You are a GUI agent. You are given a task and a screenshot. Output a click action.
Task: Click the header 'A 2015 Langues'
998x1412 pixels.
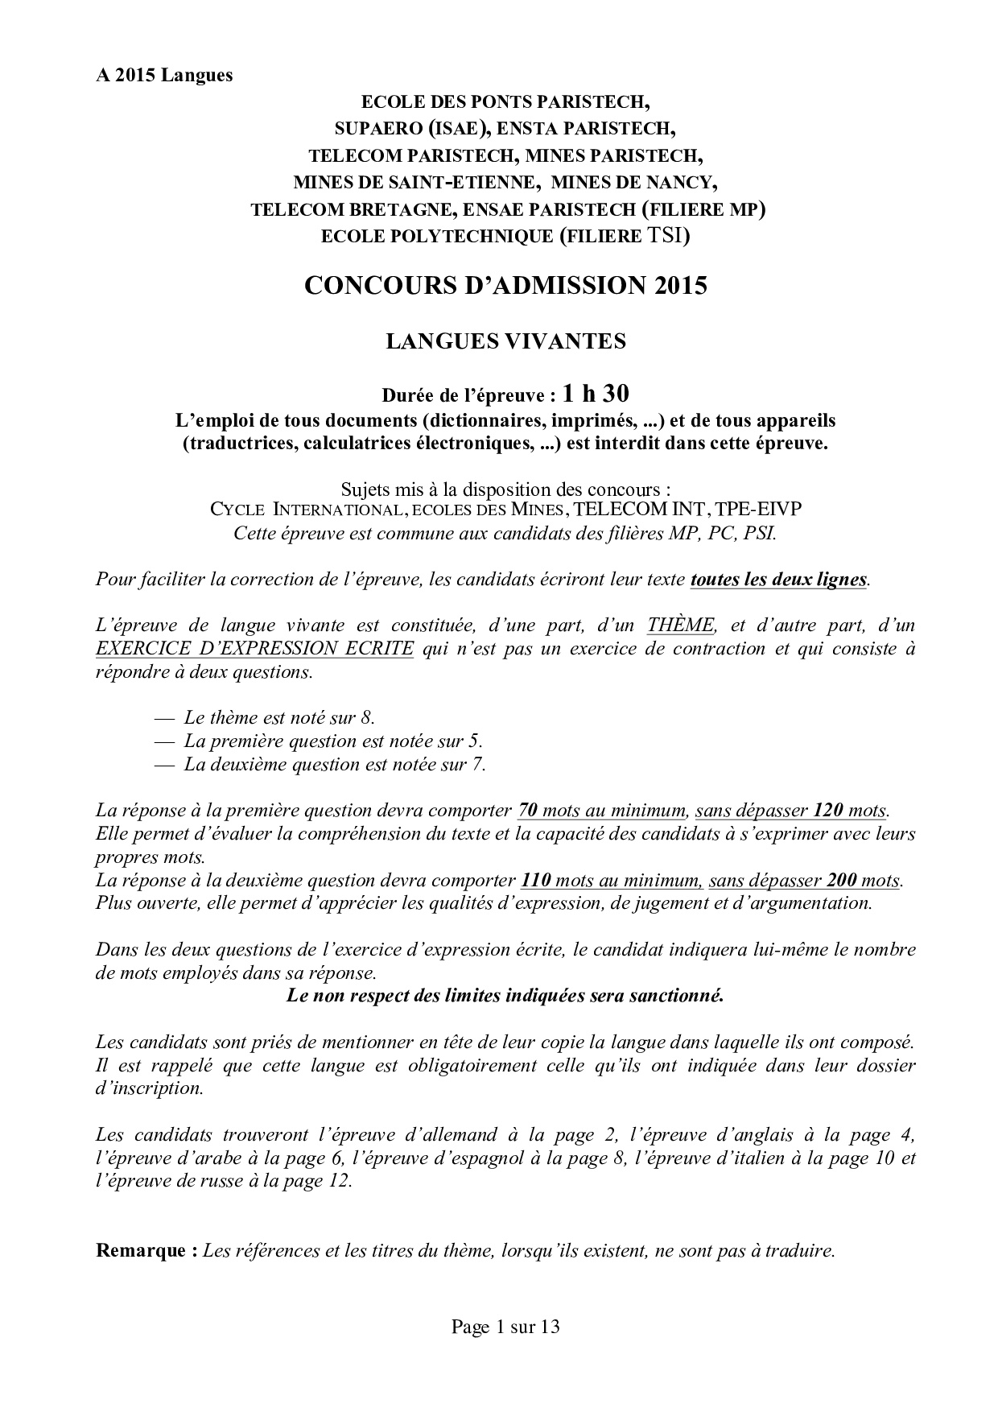pyautogui.click(x=164, y=76)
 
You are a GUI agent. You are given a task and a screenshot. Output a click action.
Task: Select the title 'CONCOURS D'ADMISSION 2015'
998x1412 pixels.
pyautogui.click(x=505, y=285)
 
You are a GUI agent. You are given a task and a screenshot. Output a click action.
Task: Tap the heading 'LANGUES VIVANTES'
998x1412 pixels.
pyautogui.click(x=505, y=341)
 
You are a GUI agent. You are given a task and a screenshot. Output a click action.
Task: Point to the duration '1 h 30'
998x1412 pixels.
pyautogui.click(x=596, y=394)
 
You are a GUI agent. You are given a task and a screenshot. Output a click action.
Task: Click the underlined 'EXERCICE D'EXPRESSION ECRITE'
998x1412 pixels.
pyautogui.click(x=254, y=649)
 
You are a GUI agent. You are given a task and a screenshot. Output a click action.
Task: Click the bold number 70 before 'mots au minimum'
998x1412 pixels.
pyautogui.click(x=529, y=810)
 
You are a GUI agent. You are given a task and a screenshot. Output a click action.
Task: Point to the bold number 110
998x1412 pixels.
pyautogui.click(x=535, y=880)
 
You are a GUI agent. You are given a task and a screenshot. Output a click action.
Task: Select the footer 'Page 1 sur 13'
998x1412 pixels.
pyautogui.click(x=505, y=1327)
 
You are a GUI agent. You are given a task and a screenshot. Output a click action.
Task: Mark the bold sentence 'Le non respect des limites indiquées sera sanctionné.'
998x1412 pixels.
pyautogui.click(x=505, y=996)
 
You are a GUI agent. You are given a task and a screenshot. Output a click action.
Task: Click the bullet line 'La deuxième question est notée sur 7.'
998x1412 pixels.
pyautogui.click(x=334, y=764)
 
